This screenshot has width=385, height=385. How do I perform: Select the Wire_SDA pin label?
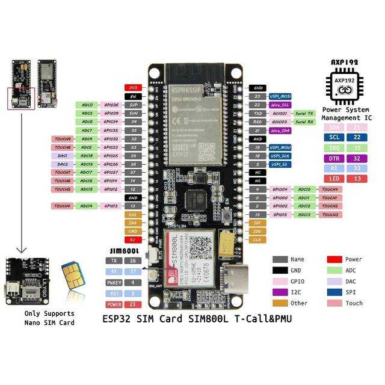coord(280,130)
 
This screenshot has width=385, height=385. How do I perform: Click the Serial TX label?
coord(304,113)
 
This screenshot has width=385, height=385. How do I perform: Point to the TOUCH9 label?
coord(63,139)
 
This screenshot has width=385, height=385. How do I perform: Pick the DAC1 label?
coord(63,155)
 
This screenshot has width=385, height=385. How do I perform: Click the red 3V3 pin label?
coord(132,88)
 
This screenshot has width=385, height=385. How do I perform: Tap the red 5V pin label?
coord(132,239)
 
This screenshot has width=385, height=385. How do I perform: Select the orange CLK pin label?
coord(256,239)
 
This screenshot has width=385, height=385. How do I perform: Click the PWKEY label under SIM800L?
coord(114,282)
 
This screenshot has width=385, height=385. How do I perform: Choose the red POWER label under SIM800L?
coord(114,304)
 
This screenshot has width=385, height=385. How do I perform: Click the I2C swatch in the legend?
coord(280,292)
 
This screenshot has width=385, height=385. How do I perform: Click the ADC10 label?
coord(304,189)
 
